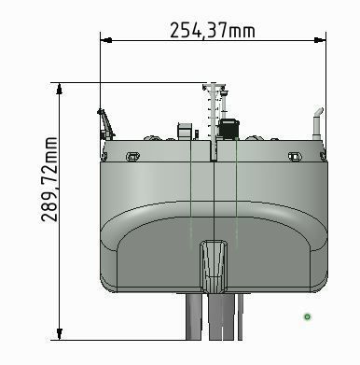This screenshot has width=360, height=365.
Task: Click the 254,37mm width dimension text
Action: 212,30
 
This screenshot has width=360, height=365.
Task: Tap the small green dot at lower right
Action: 307,317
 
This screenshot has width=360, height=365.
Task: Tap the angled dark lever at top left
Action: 104,122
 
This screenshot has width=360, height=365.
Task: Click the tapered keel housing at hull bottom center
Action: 214,265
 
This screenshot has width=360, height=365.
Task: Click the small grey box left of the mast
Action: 185,130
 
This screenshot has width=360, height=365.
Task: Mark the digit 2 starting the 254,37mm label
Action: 174,30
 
